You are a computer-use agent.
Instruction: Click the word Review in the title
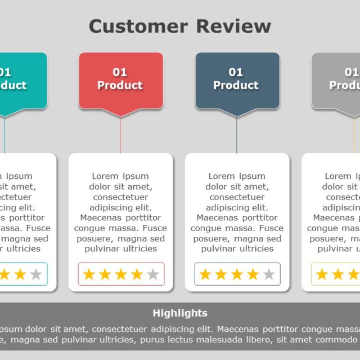(x=233, y=26)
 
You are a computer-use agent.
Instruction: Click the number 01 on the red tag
(x=120, y=72)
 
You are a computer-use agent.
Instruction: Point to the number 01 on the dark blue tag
(x=236, y=72)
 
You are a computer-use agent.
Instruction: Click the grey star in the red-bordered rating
(x=153, y=274)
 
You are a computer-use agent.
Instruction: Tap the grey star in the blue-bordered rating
(x=269, y=274)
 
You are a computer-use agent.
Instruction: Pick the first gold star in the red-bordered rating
(x=89, y=274)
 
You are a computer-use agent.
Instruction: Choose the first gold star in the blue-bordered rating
(x=205, y=274)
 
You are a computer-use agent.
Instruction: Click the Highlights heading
(x=180, y=313)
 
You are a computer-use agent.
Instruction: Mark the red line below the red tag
(x=120, y=135)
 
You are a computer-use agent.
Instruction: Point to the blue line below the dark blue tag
(x=237, y=135)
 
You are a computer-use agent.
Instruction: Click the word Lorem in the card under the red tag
(x=105, y=176)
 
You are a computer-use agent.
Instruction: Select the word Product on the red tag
(x=120, y=85)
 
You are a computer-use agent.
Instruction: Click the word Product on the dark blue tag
(x=236, y=85)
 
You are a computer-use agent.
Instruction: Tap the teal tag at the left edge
(x=22, y=79)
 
